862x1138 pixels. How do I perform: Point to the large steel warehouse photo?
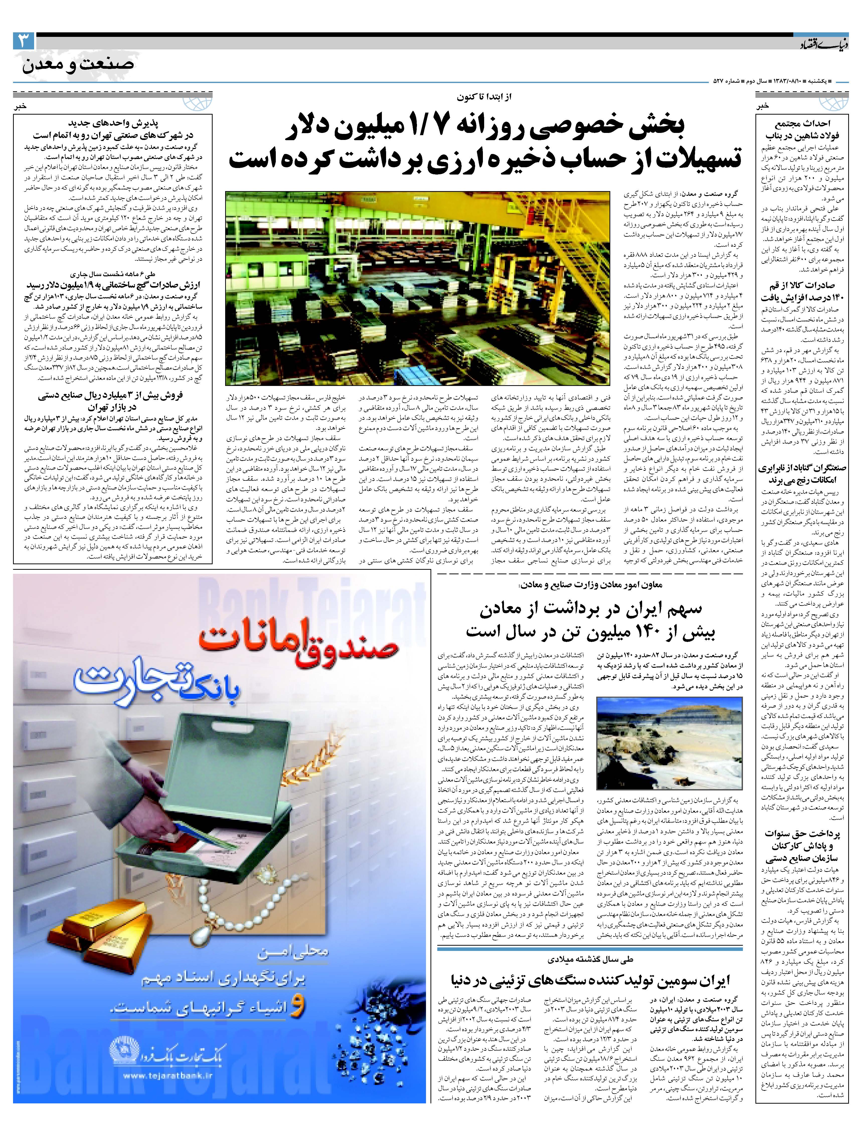click(418, 288)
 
